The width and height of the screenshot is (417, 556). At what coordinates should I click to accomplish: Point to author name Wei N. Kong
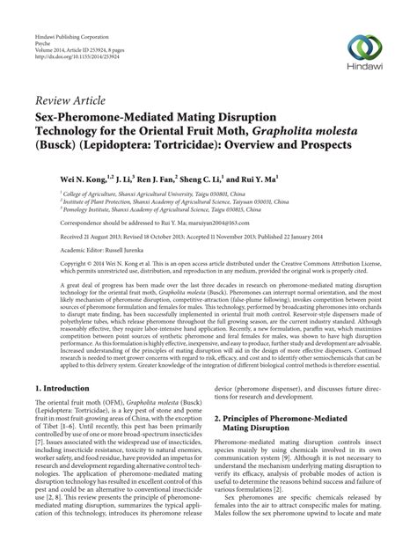tap(87, 176)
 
